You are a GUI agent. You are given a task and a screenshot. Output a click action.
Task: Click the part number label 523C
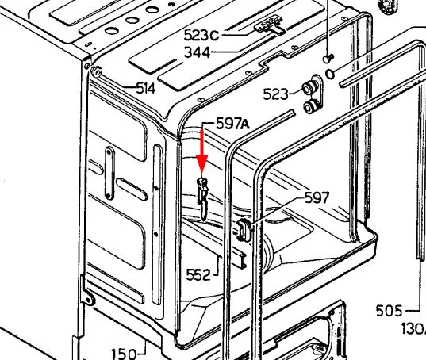201,36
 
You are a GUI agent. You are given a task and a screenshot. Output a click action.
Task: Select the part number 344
198,52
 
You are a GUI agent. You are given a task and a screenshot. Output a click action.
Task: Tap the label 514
146,89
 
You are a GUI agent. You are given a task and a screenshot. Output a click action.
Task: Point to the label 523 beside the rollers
275,94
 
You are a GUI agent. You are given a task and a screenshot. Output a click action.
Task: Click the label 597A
233,124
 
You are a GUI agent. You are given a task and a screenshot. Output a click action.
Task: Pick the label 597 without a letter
317,197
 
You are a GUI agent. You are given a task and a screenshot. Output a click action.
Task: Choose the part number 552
198,274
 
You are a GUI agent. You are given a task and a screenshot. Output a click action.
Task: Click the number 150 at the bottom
124,354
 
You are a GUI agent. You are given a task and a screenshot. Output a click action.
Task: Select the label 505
389,311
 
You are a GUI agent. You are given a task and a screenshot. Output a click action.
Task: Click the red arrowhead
202,163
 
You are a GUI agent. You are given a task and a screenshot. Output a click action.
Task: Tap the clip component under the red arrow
203,197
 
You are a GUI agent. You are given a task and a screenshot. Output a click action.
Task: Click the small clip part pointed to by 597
244,230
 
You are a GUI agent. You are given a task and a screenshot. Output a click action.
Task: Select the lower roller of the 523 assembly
311,106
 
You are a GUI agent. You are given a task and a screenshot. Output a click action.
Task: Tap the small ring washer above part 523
330,74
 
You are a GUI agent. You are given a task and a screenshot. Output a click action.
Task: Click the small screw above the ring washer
328,59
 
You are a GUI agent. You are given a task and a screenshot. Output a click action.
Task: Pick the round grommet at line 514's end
97,72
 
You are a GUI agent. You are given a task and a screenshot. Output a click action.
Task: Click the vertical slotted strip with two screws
109,173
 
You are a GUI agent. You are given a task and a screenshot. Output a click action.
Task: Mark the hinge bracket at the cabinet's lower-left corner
87,298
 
